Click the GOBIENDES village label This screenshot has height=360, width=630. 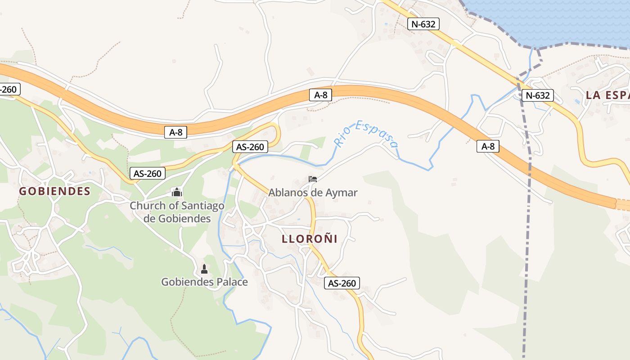click(x=54, y=191)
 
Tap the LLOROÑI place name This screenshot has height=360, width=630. click(x=310, y=238)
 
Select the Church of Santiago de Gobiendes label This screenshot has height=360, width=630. click(x=177, y=212)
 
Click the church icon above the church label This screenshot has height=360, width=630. click(x=177, y=193)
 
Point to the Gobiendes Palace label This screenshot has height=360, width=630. click(x=204, y=282)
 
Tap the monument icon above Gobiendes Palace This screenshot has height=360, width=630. click(x=204, y=269)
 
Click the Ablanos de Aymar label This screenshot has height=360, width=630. click(x=313, y=193)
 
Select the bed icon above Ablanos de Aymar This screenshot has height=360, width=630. click(x=313, y=179)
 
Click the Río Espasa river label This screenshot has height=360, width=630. click(x=366, y=134)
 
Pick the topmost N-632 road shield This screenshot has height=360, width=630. click(x=423, y=24)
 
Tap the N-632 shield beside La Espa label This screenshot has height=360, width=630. click(x=537, y=95)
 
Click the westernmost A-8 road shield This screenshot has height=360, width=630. click(x=175, y=132)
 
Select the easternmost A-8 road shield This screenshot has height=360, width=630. click(x=488, y=146)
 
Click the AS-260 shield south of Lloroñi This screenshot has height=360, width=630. click(x=342, y=283)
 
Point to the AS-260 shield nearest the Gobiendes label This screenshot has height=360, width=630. click(x=148, y=173)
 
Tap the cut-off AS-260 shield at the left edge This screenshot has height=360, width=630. click(x=9, y=89)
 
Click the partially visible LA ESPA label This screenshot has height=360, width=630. click(x=607, y=95)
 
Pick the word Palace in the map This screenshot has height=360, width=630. click(x=233, y=282)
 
